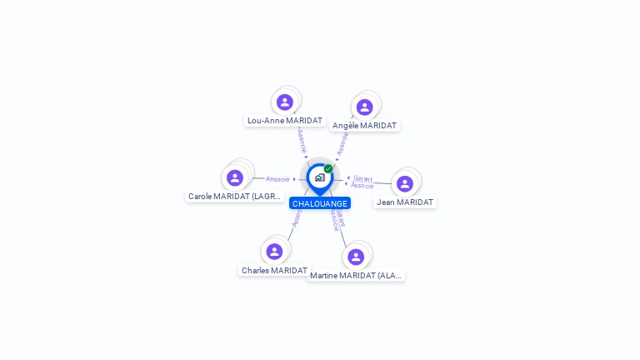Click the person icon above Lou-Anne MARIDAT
[x=285, y=102]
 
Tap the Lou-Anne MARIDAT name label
[x=285, y=121]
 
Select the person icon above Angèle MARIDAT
[x=364, y=107]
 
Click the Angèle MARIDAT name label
[x=364, y=126]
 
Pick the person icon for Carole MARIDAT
[x=235, y=177]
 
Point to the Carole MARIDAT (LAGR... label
[x=235, y=197]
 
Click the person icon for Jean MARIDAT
[x=405, y=183]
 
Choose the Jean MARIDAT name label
[x=405, y=202]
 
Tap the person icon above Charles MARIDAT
[x=274, y=252]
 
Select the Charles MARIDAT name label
[x=274, y=271]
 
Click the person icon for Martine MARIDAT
[x=356, y=257]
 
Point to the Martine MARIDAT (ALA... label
[x=356, y=276]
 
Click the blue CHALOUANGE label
[x=320, y=203]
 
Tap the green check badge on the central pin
[x=328, y=168]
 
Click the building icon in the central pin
[x=319, y=177]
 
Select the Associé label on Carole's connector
[x=277, y=179]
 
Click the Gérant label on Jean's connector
[x=362, y=178]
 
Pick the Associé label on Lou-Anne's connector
[x=302, y=140]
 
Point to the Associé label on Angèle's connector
[x=342, y=144]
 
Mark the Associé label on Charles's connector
[x=297, y=217]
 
